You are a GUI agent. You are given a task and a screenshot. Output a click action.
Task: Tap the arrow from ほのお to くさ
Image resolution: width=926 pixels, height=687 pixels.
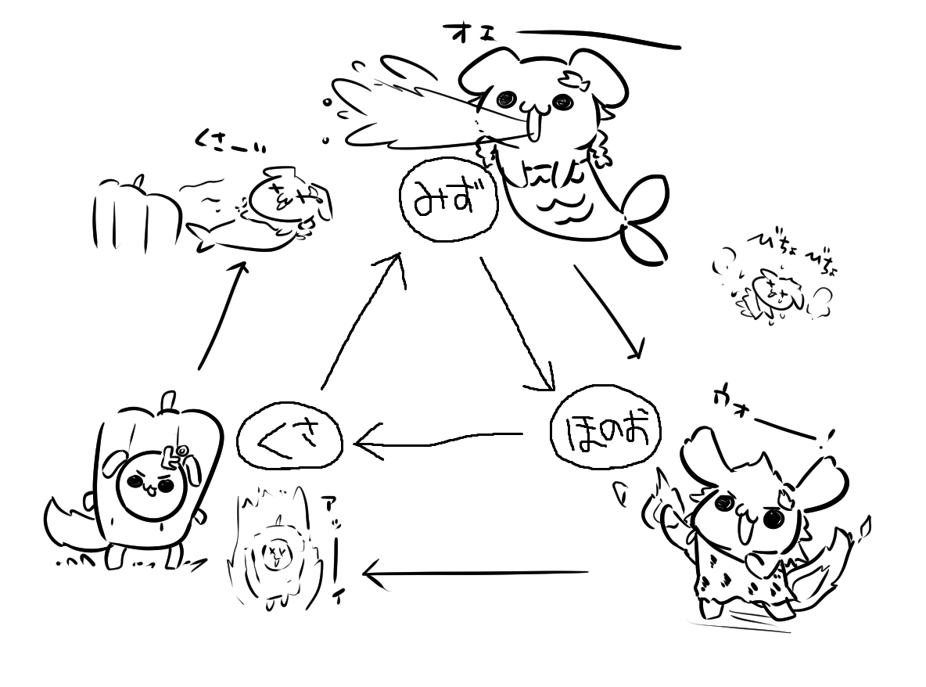tap(438, 440)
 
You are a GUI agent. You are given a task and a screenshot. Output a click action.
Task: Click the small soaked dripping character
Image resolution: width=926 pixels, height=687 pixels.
tap(770, 295)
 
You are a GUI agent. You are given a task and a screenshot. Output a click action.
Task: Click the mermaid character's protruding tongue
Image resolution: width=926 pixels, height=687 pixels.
tap(534, 125)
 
